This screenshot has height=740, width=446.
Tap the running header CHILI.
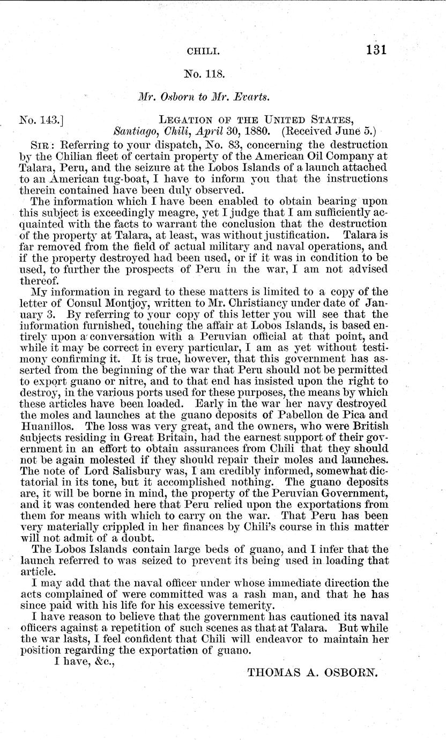pos(200,51)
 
